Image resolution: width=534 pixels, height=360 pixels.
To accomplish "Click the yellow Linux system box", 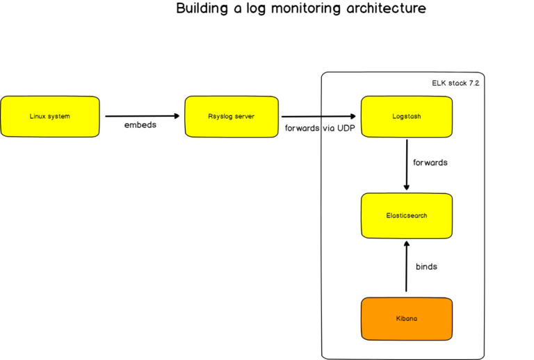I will [49, 116].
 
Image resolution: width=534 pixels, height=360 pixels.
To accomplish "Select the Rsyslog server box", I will [230, 116].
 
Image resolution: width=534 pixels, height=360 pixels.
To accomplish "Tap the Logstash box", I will [407, 116].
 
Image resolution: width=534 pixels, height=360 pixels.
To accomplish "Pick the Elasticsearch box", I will [407, 215].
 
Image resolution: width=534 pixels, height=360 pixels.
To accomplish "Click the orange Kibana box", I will [407, 318].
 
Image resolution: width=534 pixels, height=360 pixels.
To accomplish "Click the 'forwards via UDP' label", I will [321, 129].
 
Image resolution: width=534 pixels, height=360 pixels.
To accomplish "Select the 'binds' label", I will [426, 266].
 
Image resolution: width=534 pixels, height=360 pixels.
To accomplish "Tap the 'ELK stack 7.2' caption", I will [455, 83].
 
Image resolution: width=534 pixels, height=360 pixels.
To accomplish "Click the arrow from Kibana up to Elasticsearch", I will [406, 265].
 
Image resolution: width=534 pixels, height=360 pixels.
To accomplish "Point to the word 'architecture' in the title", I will [386, 9].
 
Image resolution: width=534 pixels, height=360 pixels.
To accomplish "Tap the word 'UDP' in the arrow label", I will [345, 129].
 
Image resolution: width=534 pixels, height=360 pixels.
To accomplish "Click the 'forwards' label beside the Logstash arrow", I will [430, 163].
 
